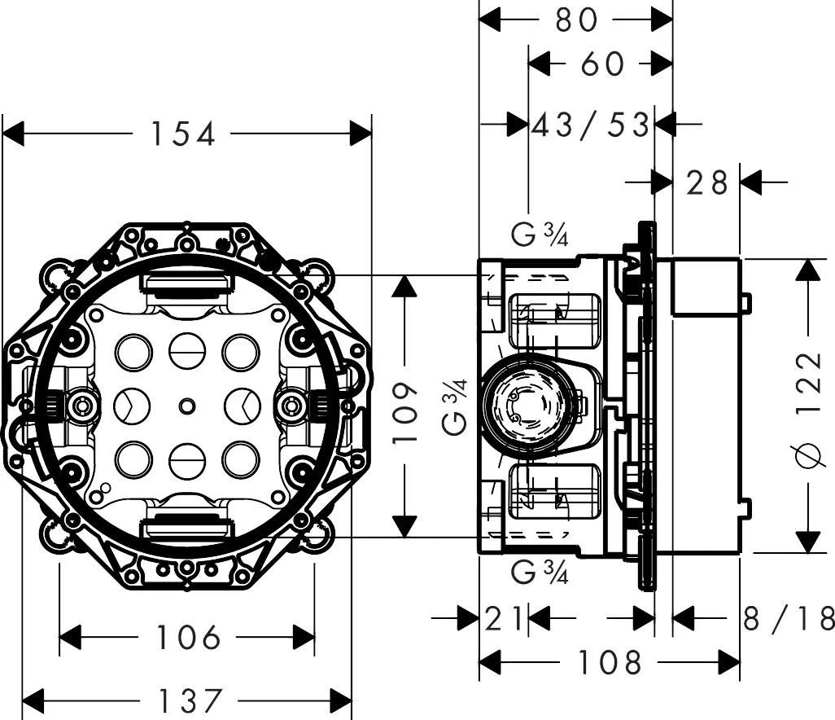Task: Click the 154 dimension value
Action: pos(183,134)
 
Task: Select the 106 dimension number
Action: pos(188,638)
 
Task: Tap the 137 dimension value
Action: pos(189,700)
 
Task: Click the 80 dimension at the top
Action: pos(576,20)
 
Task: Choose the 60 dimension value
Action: pos(602,64)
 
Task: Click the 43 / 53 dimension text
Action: pos(592,125)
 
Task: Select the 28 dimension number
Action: pos(706,183)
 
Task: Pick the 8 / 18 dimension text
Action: pos(789,619)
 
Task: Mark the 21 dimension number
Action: pos(505,619)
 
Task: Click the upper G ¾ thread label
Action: pos(540,236)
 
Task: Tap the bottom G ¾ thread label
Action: pos(540,573)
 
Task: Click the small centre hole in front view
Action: pos(188,405)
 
